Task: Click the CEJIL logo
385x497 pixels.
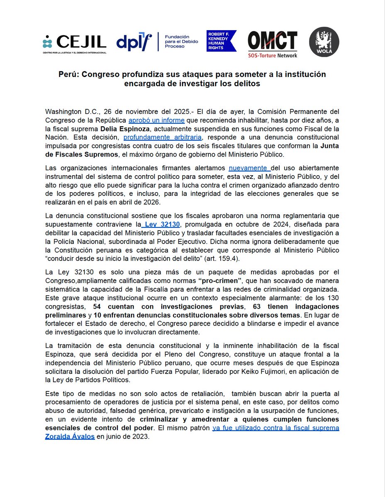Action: pyautogui.click(x=74, y=43)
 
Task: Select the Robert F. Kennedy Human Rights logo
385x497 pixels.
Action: pyautogui.click(x=221, y=41)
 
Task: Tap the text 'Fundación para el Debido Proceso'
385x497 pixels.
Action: pyautogui.click(x=180, y=42)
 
